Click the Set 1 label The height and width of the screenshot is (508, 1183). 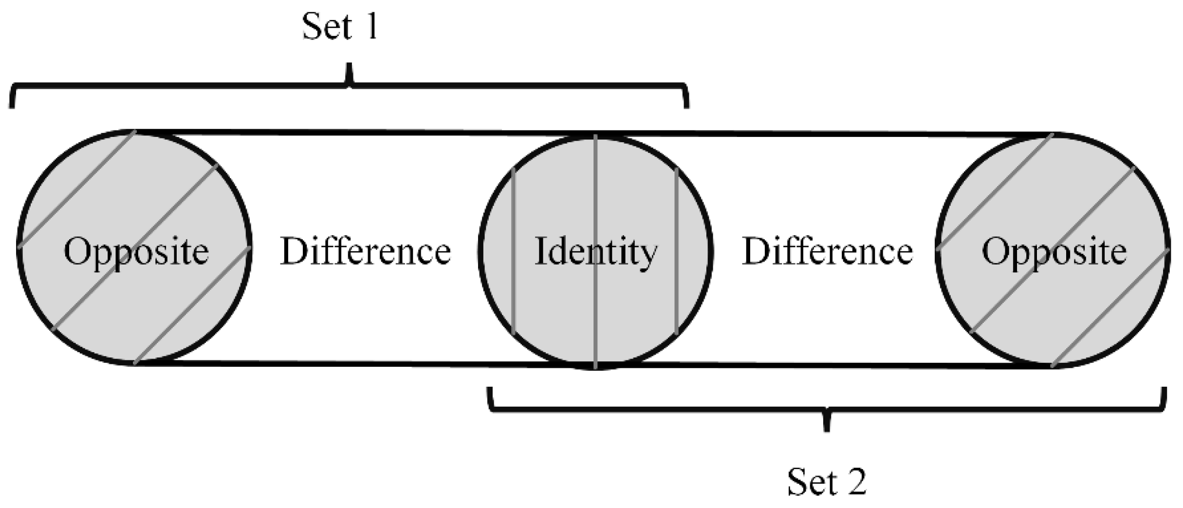pos(340,27)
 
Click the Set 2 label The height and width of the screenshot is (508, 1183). pos(827,482)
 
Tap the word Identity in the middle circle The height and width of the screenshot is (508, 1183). pos(596,251)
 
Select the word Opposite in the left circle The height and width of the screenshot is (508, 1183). pos(136,252)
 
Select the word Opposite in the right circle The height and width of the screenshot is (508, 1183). pos(1054,252)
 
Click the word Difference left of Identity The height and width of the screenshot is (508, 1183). pos(366,251)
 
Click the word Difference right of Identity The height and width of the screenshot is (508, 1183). pos(827,251)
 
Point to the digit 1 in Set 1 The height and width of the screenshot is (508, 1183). pos(371,27)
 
